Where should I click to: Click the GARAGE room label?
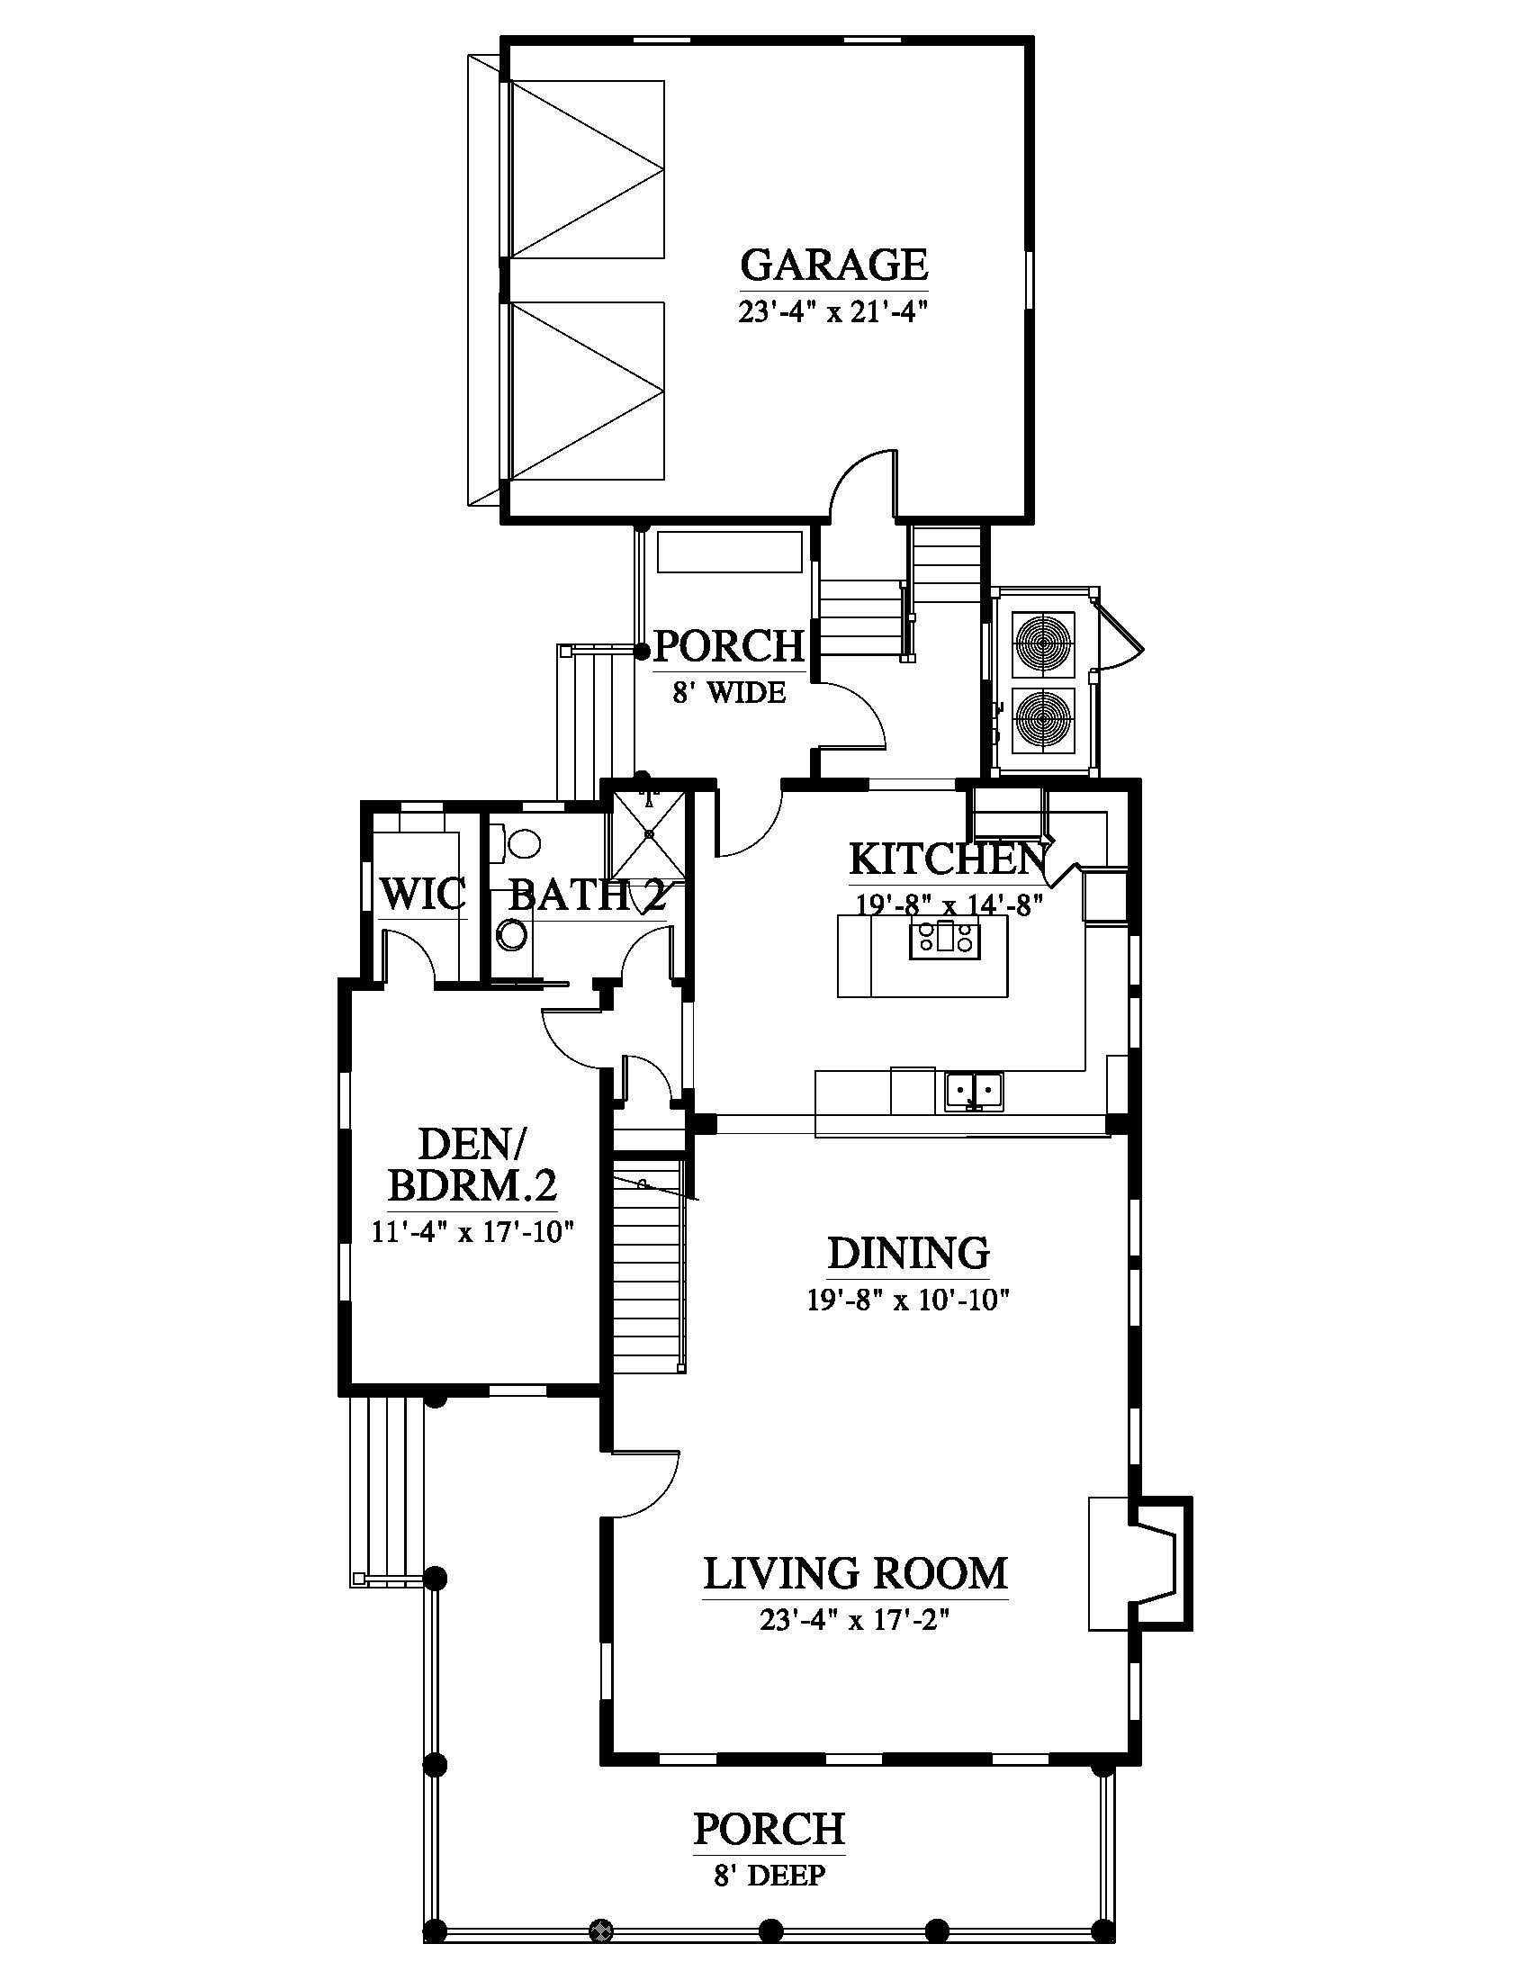[x=834, y=265]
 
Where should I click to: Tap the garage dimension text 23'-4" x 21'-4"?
[x=834, y=313]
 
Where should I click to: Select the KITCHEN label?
[x=947, y=859]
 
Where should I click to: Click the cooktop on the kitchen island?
[x=946, y=940]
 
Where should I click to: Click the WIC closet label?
[x=422, y=894]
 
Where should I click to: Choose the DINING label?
[x=908, y=1254]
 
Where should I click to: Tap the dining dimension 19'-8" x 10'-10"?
[x=908, y=1301]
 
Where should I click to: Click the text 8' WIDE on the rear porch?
[x=730, y=693]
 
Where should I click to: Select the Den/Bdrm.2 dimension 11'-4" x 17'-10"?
[x=473, y=1232]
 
